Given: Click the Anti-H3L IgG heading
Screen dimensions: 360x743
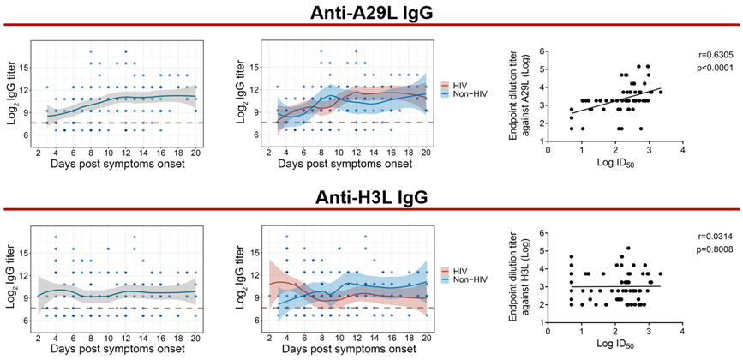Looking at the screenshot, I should coord(371,198).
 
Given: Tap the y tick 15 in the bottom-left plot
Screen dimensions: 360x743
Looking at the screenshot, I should coord(22,253).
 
